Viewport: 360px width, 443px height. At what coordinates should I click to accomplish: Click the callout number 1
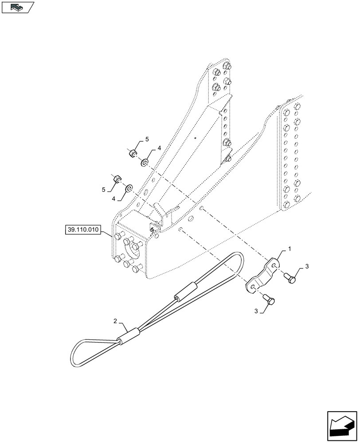point(290,249)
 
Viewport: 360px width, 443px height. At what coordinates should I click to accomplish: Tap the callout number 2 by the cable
point(115,320)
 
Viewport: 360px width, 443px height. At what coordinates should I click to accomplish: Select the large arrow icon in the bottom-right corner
point(342,425)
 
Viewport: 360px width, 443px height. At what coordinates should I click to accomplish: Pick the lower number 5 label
point(103,190)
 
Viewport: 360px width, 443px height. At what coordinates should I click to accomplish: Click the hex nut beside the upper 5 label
point(132,154)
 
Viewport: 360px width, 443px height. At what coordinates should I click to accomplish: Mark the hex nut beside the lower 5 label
point(117,179)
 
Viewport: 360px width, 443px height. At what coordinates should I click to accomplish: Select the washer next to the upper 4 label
point(145,163)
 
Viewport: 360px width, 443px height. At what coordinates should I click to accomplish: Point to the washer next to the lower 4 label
point(129,189)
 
